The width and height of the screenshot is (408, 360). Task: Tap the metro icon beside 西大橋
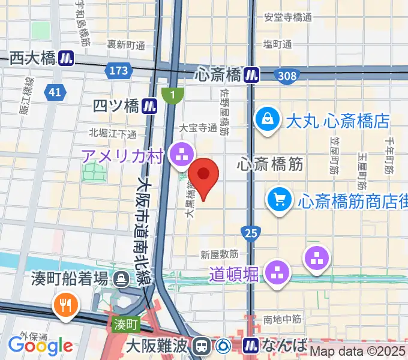pyautogui.click(x=67, y=58)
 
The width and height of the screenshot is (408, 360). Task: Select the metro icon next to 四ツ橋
pyautogui.click(x=150, y=106)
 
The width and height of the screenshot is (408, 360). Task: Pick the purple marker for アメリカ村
pyautogui.click(x=180, y=154)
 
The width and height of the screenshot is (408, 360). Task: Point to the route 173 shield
pyautogui.click(x=119, y=71)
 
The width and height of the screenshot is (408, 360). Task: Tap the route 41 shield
pyautogui.click(x=55, y=92)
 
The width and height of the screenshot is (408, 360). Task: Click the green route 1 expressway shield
pyautogui.click(x=173, y=95)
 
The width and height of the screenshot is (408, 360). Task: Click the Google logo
pyautogui.click(x=40, y=346)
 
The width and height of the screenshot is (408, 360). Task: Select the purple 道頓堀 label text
pyautogui.click(x=234, y=274)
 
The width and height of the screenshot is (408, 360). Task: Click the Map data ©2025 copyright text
pyautogui.click(x=358, y=352)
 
